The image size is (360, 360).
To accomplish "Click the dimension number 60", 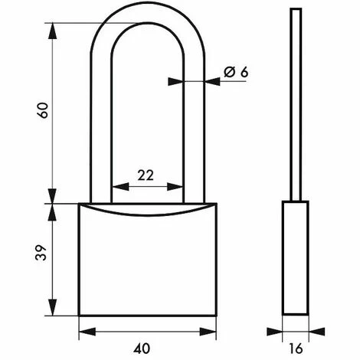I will [44, 112].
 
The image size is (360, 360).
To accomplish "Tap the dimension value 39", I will [44, 254].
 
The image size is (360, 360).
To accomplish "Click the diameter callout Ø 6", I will [237, 72].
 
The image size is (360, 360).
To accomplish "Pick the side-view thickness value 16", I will [296, 345].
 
